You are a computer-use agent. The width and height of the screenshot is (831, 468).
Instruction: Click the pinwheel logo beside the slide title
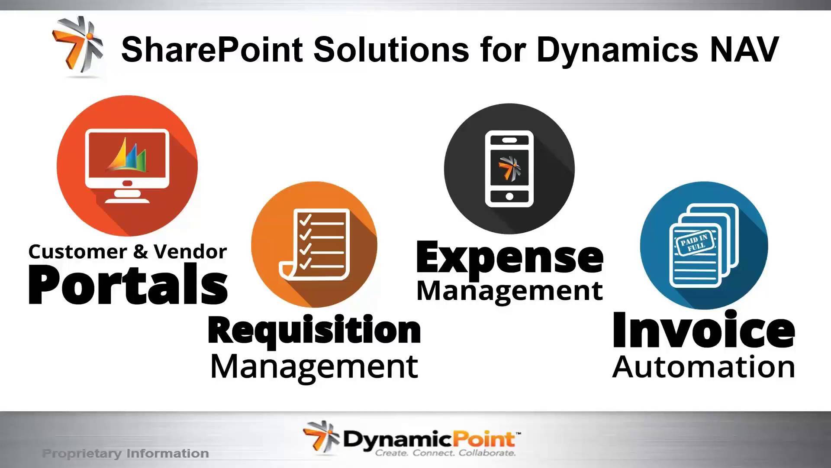tap(78, 45)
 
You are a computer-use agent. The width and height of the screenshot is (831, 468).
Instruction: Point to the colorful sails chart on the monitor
tap(127, 155)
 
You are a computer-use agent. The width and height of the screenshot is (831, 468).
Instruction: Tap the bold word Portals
tap(128, 284)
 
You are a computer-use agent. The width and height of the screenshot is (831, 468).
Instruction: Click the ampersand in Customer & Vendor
tap(140, 252)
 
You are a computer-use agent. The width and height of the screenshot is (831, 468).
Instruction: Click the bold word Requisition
tap(314, 330)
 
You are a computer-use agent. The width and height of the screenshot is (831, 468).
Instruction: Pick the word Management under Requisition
tap(314, 367)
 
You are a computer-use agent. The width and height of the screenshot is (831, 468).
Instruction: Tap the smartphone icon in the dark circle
tap(509, 169)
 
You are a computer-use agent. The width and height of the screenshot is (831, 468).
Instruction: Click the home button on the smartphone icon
tap(509, 196)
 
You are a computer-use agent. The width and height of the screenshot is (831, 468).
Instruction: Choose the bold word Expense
tap(510, 258)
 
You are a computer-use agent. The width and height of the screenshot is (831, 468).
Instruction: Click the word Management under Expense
tap(510, 291)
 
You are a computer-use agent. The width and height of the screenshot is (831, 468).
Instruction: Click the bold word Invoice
tap(704, 330)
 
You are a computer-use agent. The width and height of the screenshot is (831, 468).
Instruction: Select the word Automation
tap(704, 367)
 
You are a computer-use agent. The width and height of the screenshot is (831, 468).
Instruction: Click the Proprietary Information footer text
tap(126, 454)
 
